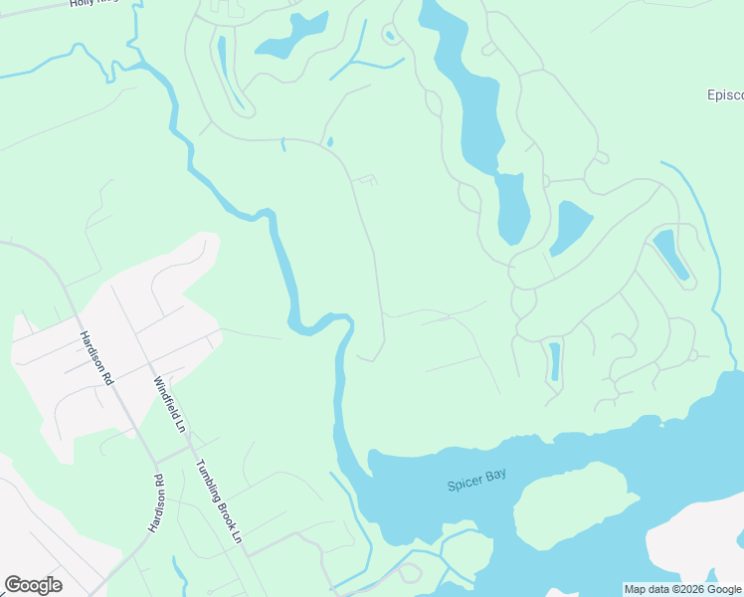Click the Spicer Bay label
pyautogui.click(x=476, y=480)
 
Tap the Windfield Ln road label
pyautogui.click(x=170, y=403)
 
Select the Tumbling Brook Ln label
pyautogui.click(x=219, y=499)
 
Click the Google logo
pyautogui.click(x=33, y=585)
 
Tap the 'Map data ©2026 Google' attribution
pyautogui.click(x=683, y=589)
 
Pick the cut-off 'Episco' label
pyautogui.click(x=725, y=96)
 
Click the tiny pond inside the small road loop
pyautogui.click(x=390, y=36)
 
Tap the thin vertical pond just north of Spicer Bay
pyautogui.click(x=554, y=361)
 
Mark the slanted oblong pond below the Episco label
pyautogui.click(x=670, y=254)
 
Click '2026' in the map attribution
pyautogui.click(x=688, y=589)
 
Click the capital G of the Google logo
pyautogui.click(x=13, y=585)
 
